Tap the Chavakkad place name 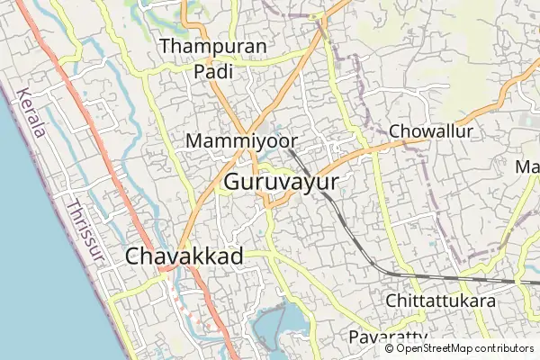pyautogui.click(x=184, y=256)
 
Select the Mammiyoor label pyautogui.click(x=237, y=141)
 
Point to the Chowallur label pyautogui.click(x=431, y=131)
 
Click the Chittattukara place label pyautogui.click(x=440, y=301)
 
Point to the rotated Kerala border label pyautogui.click(x=30, y=112)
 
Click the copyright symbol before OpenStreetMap pyautogui.click(x=389, y=348)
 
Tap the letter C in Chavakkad pyautogui.click(x=134, y=256)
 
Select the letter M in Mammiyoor pyautogui.click(x=193, y=141)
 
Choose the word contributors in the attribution pyautogui.click(x=500, y=348)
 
